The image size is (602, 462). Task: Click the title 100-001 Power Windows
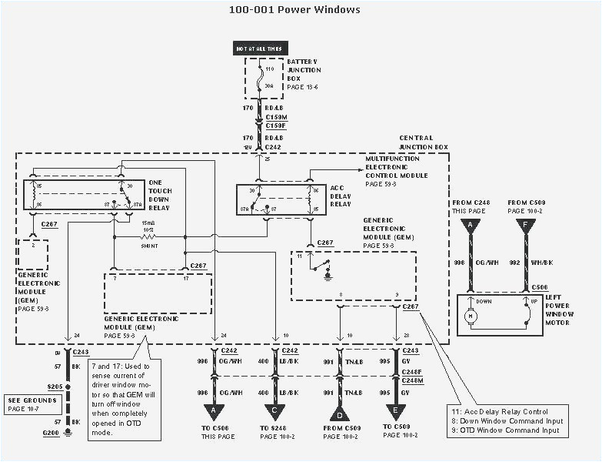pyautogui.click(x=294, y=10)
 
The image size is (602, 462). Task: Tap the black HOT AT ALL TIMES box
pyautogui.click(x=258, y=49)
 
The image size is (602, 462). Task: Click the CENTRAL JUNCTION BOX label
pyautogui.click(x=422, y=142)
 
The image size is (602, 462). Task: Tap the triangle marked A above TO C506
pyautogui.click(x=215, y=411)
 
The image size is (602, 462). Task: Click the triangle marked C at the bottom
pyautogui.click(x=275, y=411)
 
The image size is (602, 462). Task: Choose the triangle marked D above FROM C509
pyautogui.click(x=339, y=411)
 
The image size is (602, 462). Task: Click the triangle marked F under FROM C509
pyautogui.click(x=527, y=225)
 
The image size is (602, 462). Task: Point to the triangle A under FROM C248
pyautogui.click(x=470, y=225)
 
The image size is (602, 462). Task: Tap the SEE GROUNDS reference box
pyautogui.click(x=32, y=404)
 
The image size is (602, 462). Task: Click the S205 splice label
pyautogui.click(x=54, y=387)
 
